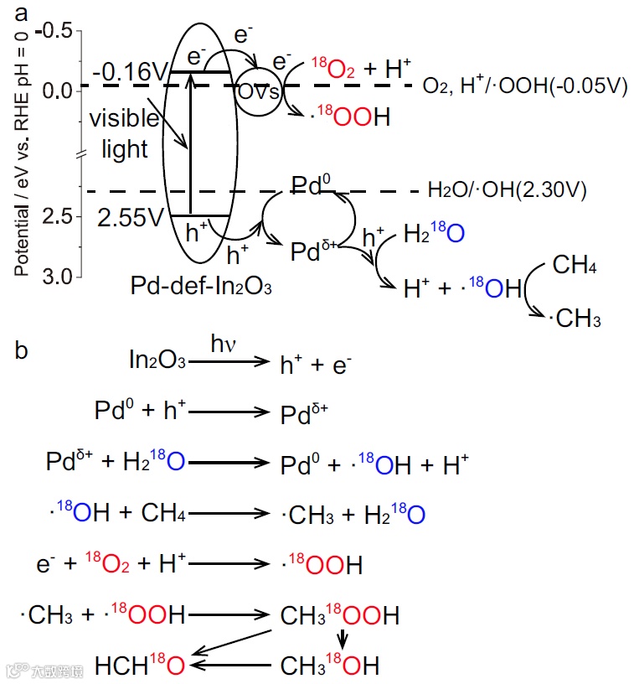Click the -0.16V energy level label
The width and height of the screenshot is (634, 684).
click(x=132, y=72)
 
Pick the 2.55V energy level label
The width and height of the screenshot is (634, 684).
click(x=131, y=217)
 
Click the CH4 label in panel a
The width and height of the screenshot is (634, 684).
click(x=575, y=267)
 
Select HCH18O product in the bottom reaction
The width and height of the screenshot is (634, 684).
click(x=140, y=666)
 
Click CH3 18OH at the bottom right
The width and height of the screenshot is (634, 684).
click(x=329, y=666)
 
